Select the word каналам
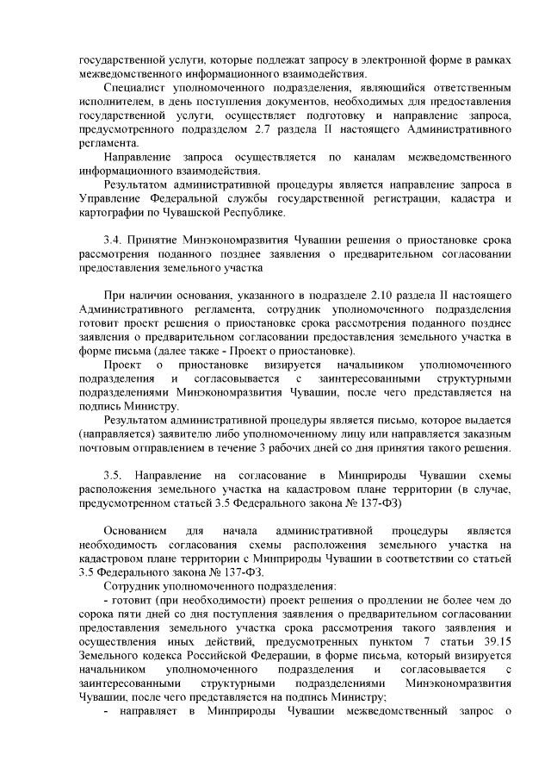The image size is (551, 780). [x=378, y=158]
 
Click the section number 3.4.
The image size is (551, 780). [x=113, y=240]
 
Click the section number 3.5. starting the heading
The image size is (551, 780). [x=114, y=477]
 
